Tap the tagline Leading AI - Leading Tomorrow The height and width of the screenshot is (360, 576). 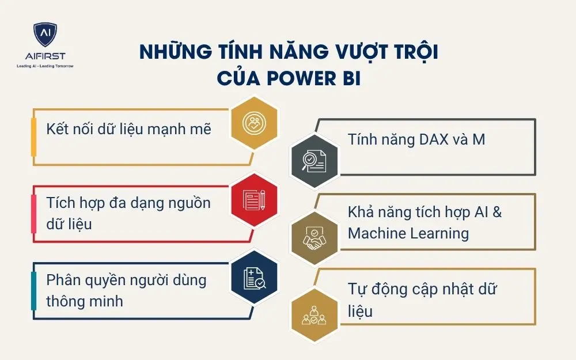(44, 66)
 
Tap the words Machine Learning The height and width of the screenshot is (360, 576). (408, 233)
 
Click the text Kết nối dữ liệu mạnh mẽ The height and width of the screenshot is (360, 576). (129, 128)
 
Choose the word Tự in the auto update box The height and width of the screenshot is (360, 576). (358, 289)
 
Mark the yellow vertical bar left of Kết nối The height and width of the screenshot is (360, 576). (34, 137)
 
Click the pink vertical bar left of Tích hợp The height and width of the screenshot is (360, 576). (34, 213)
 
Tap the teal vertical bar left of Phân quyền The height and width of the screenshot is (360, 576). (34, 291)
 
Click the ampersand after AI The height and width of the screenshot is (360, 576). (497, 212)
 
